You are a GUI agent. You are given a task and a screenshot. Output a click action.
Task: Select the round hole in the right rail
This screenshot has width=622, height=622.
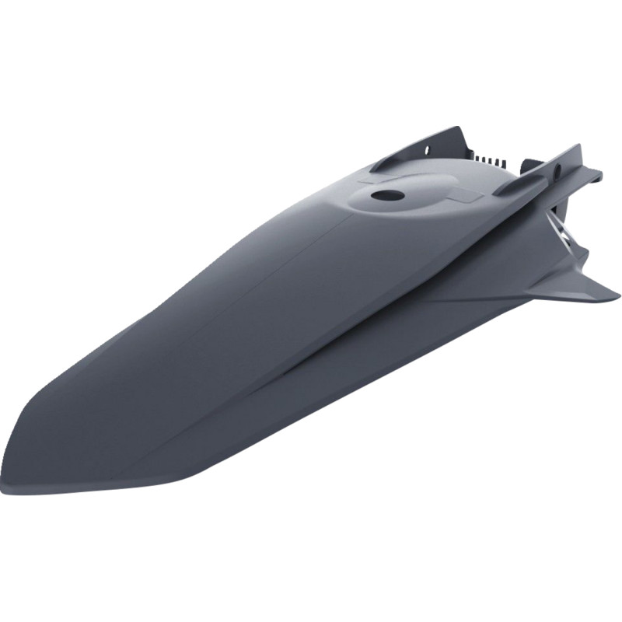558,168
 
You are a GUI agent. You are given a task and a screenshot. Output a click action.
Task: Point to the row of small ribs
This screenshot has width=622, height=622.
489,159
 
